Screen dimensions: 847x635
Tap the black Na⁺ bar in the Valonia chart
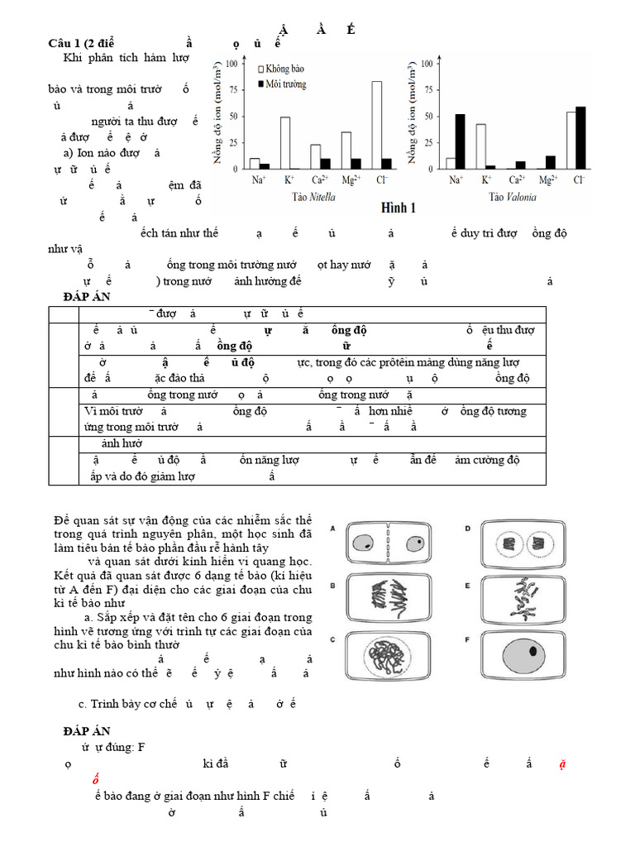tap(460, 141)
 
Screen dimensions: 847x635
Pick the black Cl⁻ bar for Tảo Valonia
tap(580, 137)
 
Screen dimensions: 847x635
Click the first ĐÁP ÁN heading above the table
tap(87, 296)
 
